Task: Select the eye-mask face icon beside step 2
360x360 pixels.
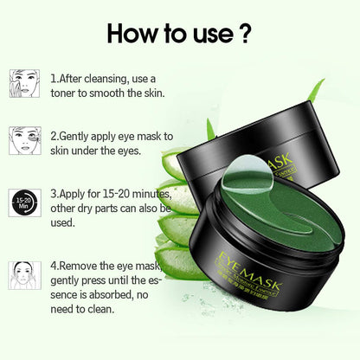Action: point(25,141)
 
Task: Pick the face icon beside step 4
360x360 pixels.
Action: point(25,274)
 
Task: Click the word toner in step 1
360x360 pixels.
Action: point(67,93)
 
